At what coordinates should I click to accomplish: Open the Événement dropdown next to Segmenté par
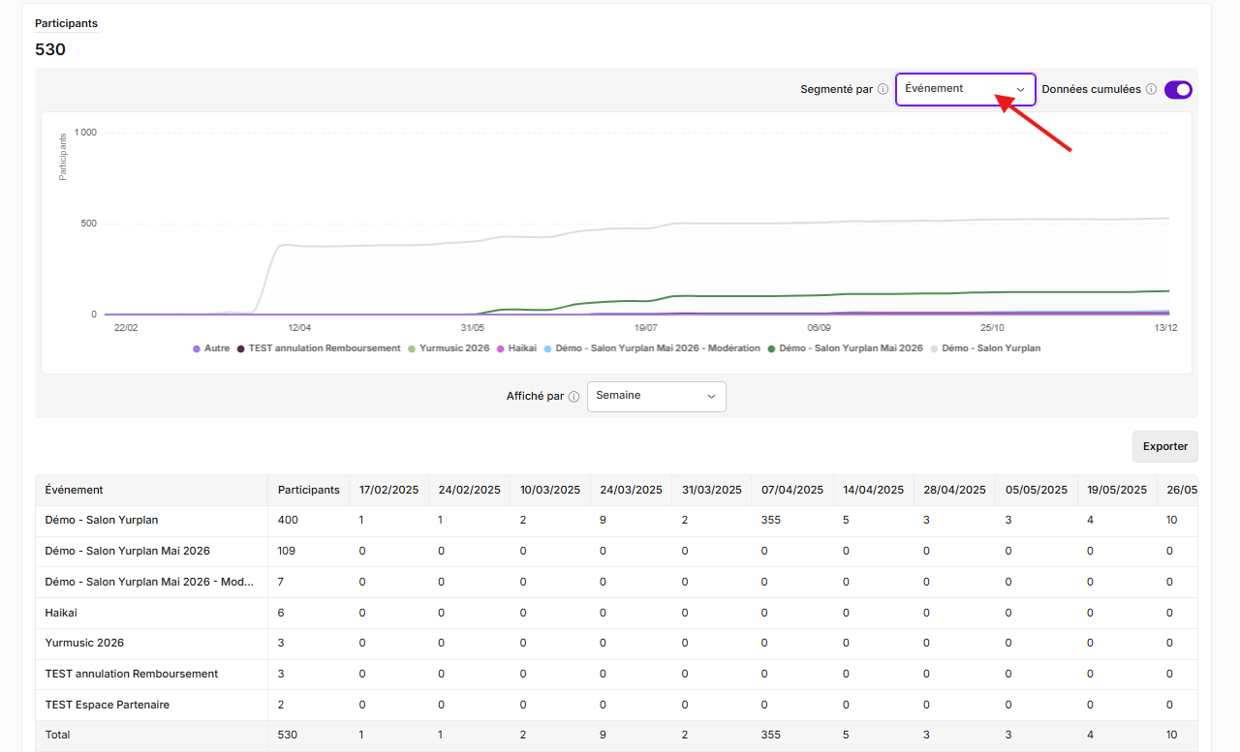(966, 89)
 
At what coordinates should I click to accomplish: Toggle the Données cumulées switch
(1178, 90)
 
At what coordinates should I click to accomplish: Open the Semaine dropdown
(657, 397)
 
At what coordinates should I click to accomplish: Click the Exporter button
(1164, 446)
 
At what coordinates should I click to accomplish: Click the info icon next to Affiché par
(574, 397)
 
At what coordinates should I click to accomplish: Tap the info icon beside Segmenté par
(883, 89)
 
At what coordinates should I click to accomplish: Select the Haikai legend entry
(517, 348)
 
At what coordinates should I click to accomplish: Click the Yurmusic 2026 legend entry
(449, 348)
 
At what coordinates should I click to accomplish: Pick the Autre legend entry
(211, 348)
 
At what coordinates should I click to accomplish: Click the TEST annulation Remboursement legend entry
(319, 348)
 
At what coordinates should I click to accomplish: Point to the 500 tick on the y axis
(88, 224)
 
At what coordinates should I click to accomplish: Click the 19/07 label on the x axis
(645, 328)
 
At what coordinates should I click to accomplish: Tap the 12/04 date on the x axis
(299, 328)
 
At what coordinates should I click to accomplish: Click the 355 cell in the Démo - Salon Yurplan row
(770, 521)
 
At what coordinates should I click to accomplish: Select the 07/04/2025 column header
(792, 490)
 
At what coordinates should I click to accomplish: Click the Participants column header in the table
(308, 490)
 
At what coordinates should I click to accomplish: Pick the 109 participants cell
(286, 552)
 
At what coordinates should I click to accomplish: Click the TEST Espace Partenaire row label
(108, 705)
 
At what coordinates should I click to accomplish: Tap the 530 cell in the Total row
(288, 735)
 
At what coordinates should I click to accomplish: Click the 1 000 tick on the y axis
(85, 133)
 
